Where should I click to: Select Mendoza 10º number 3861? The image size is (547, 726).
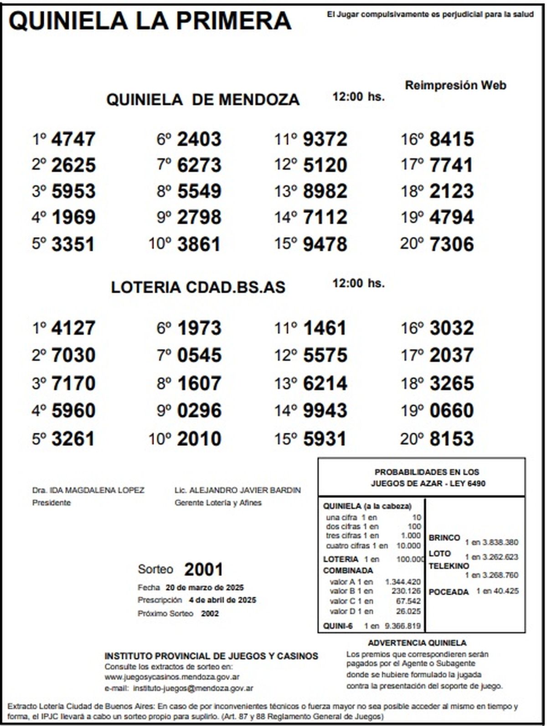[199, 244]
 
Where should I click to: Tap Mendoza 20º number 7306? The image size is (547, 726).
[451, 244]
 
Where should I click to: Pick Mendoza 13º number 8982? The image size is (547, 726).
[325, 192]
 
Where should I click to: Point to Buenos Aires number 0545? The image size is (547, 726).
[199, 356]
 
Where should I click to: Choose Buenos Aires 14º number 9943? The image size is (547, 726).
[325, 411]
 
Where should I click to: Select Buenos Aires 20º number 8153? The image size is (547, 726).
[451, 439]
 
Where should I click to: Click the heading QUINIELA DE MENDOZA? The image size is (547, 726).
[203, 99]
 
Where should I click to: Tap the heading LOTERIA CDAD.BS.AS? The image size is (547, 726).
[198, 287]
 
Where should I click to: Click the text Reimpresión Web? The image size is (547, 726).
[455, 85]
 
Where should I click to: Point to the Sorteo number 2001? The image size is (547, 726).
[203, 570]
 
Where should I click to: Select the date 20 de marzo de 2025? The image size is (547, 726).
[205, 587]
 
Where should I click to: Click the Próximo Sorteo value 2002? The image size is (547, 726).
[210, 614]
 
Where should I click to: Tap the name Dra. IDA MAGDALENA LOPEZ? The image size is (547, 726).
[88, 490]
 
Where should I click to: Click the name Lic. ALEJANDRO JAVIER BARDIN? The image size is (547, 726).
[237, 490]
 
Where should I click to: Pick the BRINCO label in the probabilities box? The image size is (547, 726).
[444, 538]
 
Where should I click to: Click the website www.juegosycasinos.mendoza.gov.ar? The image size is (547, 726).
[172, 677]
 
